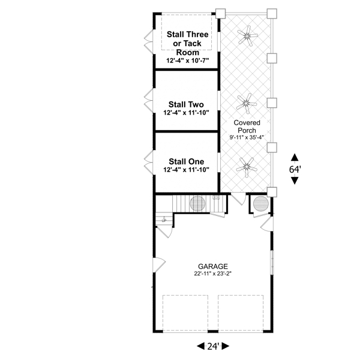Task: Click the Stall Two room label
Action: [186, 104]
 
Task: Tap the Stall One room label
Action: [186, 161]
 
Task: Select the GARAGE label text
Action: [213, 266]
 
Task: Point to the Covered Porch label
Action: [247, 127]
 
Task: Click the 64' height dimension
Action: [295, 169]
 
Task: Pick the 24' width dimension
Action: [213, 346]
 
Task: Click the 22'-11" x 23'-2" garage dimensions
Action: [213, 274]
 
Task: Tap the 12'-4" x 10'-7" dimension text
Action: [188, 61]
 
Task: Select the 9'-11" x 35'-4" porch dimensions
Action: [247, 137]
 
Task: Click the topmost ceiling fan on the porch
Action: [247, 35]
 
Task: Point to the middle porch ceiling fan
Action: [247, 104]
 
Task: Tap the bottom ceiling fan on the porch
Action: [247, 167]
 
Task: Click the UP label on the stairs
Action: [164, 221]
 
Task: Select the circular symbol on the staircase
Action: [197, 203]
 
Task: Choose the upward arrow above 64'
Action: [295, 157]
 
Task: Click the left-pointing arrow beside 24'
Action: [200, 346]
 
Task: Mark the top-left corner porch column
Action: [220, 13]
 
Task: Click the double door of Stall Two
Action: [149, 101]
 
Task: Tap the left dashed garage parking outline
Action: [185, 313]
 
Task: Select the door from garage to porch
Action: [239, 199]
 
